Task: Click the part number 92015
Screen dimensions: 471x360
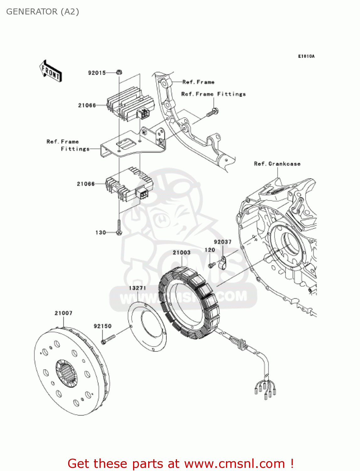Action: click(x=97, y=73)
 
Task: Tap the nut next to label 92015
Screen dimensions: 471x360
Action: click(x=119, y=73)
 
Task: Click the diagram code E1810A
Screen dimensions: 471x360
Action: click(x=306, y=57)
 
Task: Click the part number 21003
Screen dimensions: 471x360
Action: click(x=181, y=252)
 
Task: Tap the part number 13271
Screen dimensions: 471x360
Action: click(x=137, y=288)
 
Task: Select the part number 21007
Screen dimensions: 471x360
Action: click(x=63, y=313)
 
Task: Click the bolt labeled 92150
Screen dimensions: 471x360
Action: click(x=108, y=339)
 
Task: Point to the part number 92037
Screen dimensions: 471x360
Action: click(x=223, y=242)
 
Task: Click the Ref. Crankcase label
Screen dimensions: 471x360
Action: click(x=277, y=164)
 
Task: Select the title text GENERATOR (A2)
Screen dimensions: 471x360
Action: click(x=43, y=12)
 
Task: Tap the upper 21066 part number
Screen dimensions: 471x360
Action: click(x=87, y=106)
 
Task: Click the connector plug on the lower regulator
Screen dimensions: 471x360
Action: click(x=142, y=193)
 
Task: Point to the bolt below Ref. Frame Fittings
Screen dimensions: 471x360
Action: click(x=214, y=112)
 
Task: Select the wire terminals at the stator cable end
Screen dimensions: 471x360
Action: click(x=265, y=389)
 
